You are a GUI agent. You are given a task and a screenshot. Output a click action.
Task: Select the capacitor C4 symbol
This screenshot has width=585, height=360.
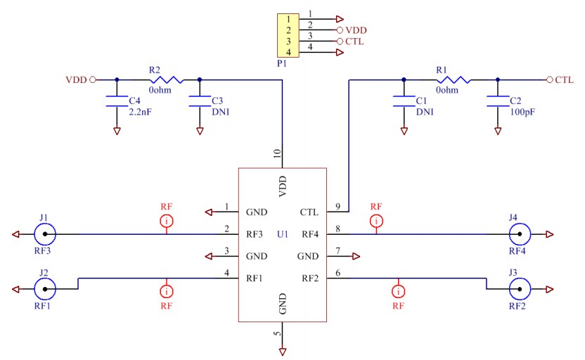[117, 102]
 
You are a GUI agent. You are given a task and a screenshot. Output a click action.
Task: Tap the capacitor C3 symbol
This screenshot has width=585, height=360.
[200, 102]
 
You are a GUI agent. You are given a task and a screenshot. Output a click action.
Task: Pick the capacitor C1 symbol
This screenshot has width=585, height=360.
[404, 102]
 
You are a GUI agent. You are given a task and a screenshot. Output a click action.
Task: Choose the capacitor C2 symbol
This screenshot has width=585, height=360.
[498, 102]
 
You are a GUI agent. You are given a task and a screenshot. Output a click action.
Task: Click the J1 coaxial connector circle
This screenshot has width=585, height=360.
[46, 234]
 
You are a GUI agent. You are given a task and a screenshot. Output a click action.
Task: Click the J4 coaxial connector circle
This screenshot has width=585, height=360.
[520, 234]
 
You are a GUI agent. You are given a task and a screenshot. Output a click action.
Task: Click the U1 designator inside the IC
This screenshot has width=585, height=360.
[283, 234]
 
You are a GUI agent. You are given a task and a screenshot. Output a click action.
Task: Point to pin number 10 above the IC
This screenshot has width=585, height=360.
[277, 153]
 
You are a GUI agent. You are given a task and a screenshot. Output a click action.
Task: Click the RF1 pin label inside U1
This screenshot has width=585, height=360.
[255, 278]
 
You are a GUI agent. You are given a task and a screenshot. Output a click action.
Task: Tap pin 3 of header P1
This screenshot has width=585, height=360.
[288, 41]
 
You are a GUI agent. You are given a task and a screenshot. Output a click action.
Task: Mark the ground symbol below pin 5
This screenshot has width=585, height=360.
[282, 351]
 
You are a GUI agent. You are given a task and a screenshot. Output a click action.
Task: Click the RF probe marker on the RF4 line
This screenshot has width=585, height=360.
[377, 221]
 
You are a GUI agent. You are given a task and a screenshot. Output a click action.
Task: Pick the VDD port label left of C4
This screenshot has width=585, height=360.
[76, 79]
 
